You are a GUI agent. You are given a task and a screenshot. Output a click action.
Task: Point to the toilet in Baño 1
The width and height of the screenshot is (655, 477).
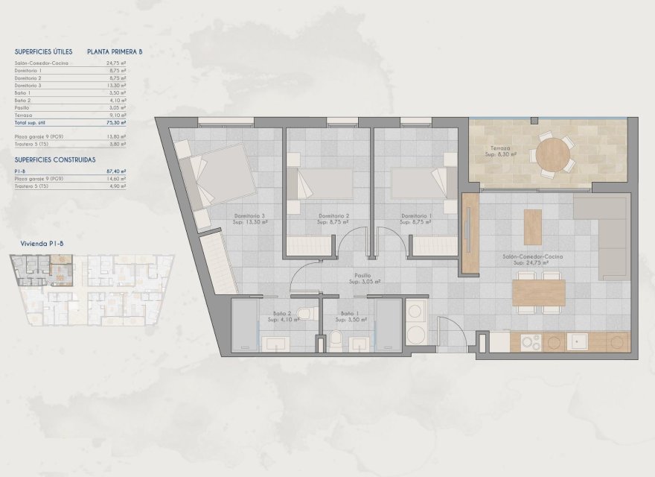(336, 341)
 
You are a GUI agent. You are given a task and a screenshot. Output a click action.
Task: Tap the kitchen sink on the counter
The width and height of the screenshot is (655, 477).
(578, 341)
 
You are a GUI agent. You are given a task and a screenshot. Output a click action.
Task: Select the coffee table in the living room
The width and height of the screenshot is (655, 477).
(532, 227)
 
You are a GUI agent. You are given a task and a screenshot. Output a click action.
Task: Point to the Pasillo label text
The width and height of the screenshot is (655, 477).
(362, 275)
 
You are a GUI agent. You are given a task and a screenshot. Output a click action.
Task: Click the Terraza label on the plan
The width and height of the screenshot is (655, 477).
(500, 148)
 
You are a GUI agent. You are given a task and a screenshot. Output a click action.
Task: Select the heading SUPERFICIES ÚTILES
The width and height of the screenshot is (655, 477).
(43, 52)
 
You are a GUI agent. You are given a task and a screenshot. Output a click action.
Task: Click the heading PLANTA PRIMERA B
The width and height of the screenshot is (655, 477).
(114, 52)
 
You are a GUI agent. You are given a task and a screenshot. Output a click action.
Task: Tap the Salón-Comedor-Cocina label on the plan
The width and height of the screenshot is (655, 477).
(531, 256)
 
